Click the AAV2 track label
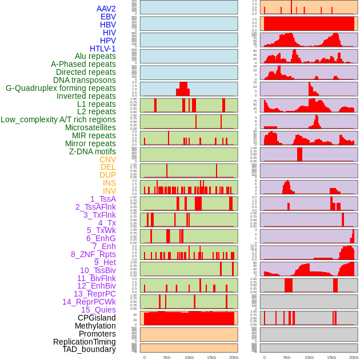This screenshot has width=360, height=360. coord(106,9)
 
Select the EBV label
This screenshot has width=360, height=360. coord(108,17)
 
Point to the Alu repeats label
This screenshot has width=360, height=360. coord(95,56)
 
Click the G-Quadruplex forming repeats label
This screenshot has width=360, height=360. coord(61,88)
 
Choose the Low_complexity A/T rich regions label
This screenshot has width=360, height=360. coord(58,119)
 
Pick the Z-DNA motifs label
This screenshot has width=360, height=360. coord(93,151)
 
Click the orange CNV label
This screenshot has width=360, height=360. coord(107,159)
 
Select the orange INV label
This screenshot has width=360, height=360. coord(109,191)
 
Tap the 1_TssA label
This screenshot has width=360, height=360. coord(103,199)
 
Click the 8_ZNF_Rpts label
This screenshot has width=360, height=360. coord(93,254)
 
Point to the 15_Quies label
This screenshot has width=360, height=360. coord(98,310)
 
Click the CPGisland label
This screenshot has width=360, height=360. coord(97,318)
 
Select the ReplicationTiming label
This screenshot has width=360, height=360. coord(85,342)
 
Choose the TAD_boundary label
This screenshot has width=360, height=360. coord(89,349)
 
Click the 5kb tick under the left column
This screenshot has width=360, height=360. coord(167,357)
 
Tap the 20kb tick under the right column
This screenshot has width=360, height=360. coord(354,357)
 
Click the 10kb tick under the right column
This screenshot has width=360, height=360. coord(309,357)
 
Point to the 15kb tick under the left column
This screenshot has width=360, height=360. coord(211,357)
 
